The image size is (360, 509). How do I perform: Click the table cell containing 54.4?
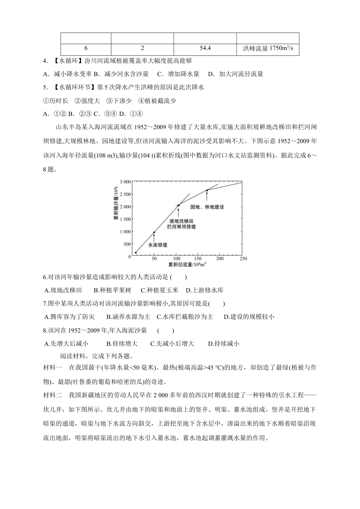point(205,48)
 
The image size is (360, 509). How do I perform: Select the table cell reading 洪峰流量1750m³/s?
point(268,48)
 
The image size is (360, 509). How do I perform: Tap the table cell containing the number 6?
point(86,48)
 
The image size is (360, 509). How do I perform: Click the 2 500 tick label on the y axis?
point(125,194)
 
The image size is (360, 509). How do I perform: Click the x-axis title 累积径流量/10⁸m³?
point(187,264)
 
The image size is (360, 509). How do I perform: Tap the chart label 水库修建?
point(157,245)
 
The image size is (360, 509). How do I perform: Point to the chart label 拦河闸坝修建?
point(182,226)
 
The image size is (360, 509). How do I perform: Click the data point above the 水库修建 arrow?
point(154,232)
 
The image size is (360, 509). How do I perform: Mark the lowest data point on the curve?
point(136,253)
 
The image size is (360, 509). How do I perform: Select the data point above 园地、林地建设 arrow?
point(207,190)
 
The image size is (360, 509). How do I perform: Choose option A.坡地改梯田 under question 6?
point(63,290)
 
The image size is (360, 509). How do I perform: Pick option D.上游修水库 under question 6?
point(204,290)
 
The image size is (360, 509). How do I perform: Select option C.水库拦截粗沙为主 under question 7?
point(185,317)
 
